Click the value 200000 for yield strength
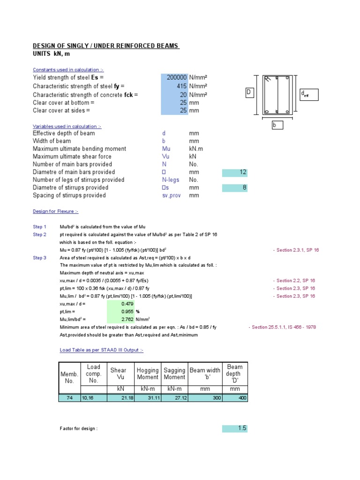(177, 77)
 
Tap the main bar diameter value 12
(242, 172)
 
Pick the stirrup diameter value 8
(244, 188)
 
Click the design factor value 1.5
(241, 428)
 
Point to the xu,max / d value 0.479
(127, 304)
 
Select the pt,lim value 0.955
(127, 311)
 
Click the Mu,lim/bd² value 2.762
(127, 319)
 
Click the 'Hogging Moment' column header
(148, 374)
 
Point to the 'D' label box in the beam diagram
(249, 93)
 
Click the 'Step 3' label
(39, 258)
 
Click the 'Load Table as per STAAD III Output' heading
(101, 350)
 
